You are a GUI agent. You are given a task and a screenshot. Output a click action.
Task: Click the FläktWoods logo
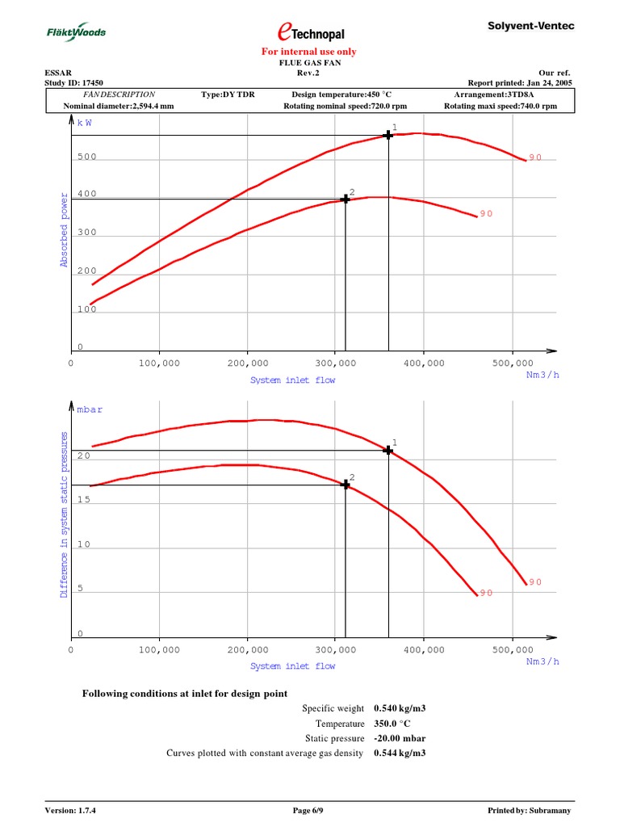pos(74,32)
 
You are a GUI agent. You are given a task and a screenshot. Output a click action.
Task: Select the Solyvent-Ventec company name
pos(531,27)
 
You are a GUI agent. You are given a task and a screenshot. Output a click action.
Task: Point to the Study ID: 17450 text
pos(73,82)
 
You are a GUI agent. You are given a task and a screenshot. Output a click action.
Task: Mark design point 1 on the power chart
pos(388,135)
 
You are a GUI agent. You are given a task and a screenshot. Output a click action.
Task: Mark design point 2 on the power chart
pos(346,198)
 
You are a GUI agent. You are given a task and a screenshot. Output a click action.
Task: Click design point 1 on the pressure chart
pos(388,450)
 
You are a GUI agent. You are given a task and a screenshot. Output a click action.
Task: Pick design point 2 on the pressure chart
pos(346,485)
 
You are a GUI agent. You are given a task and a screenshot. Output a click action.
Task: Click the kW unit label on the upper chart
pos(85,123)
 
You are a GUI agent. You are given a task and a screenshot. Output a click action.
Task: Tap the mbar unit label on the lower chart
pos(90,410)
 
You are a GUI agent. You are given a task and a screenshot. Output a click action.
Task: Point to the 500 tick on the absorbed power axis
pos(86,157)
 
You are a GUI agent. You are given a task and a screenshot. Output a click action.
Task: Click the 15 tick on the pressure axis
pos(84,500)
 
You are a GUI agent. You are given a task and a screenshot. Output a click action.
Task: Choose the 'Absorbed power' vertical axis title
pos(64,230)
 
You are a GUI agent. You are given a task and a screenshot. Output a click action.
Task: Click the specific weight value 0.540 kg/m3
pos(400,708)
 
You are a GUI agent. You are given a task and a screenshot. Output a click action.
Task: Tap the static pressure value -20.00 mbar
pos(400,738)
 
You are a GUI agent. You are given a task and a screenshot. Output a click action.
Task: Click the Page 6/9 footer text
pos(310,810)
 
